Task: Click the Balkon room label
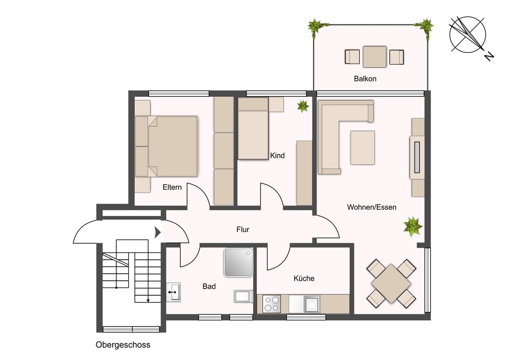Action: point(365,79)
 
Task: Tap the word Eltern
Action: point(172,187)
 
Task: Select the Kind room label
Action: point(277,156)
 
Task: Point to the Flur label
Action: point(242,230)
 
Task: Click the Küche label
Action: point(304,278)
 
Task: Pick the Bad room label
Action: point(209,286)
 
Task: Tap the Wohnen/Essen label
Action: point(372,207)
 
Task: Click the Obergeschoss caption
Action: point(123,345)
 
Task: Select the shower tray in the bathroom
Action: point(238,262)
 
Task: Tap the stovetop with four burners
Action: point(272,304)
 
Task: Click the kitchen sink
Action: point(311,304)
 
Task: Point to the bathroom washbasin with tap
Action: point(173,293)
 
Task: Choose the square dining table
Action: point(391,283)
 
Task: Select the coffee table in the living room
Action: point(362,148)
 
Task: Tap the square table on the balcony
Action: point(375,57)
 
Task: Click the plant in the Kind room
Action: point(303,106)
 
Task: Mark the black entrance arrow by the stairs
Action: point(158,232)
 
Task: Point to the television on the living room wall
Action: point(417,157)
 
